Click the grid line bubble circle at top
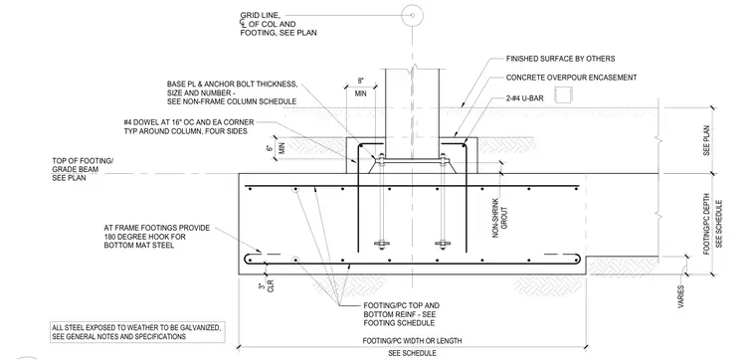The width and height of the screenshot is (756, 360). click(x=412, y=15)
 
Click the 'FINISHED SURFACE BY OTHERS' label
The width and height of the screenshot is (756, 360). click(x=560, y=59)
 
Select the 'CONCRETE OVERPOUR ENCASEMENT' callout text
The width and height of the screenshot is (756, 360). click(x=571, y=78)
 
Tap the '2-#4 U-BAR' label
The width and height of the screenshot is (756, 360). click(x=525, y=98)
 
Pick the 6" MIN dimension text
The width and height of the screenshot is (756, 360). click(x=279, y=147)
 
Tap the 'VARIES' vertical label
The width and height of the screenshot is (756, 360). click(x=679, y=296)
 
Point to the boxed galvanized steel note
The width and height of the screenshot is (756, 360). click(x=137, y=332)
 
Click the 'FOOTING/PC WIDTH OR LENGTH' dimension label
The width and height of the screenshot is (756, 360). click(x=412, y=341)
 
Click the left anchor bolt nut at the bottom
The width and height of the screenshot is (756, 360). click(x=381, y=244)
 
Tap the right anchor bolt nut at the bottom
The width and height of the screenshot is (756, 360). click(x=442, y=244)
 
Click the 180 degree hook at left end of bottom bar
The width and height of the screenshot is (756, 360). click(x=251, y=259)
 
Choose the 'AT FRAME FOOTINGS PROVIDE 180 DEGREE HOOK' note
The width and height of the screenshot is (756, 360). click(x=157, y=237)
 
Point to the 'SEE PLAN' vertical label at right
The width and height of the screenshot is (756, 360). click(x=706, y=140)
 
